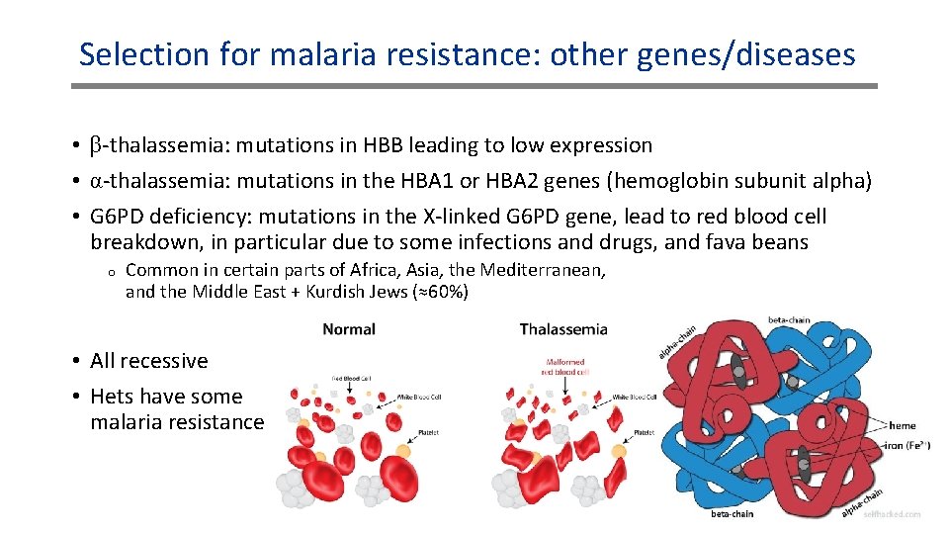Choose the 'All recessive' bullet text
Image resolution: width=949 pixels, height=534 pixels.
pos(149,361)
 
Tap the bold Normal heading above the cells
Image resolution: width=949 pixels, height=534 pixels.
pos(349,329)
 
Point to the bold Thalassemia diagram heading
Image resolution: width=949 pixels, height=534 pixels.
pos(563,329)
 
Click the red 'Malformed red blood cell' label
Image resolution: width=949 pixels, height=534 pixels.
pos(565,367)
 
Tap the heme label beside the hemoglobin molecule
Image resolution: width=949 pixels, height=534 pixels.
pos(902,426)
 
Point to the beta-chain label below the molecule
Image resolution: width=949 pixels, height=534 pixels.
pos(733,513)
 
